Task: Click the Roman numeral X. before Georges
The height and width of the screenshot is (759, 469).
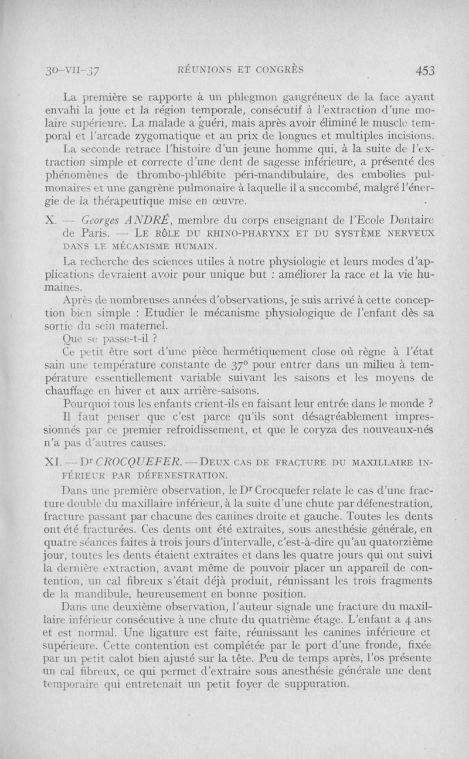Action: (x=49, y=220)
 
